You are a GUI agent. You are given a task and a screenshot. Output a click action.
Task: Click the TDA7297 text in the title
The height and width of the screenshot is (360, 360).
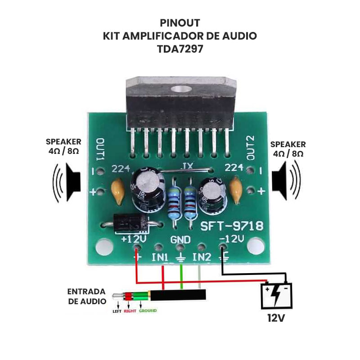(x=180, y=49)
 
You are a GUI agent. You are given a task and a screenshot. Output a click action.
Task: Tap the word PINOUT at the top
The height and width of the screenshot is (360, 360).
(x=180, y=22)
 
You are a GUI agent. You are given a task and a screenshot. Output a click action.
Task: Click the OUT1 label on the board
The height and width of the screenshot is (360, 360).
(x=100, y=150)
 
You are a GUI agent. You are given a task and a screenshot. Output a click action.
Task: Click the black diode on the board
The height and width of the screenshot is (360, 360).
(x=130, y=223)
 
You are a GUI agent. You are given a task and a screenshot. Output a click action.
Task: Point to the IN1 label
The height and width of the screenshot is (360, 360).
(x=160, y=258)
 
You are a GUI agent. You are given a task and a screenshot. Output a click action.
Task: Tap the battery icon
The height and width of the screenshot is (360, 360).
(x=278, y=295)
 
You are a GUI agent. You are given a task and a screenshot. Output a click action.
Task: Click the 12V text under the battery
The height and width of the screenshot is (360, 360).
(x=276, y=318)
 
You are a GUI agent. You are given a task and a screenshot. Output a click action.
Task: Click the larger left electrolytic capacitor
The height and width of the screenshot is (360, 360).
(x=144, y=188)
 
